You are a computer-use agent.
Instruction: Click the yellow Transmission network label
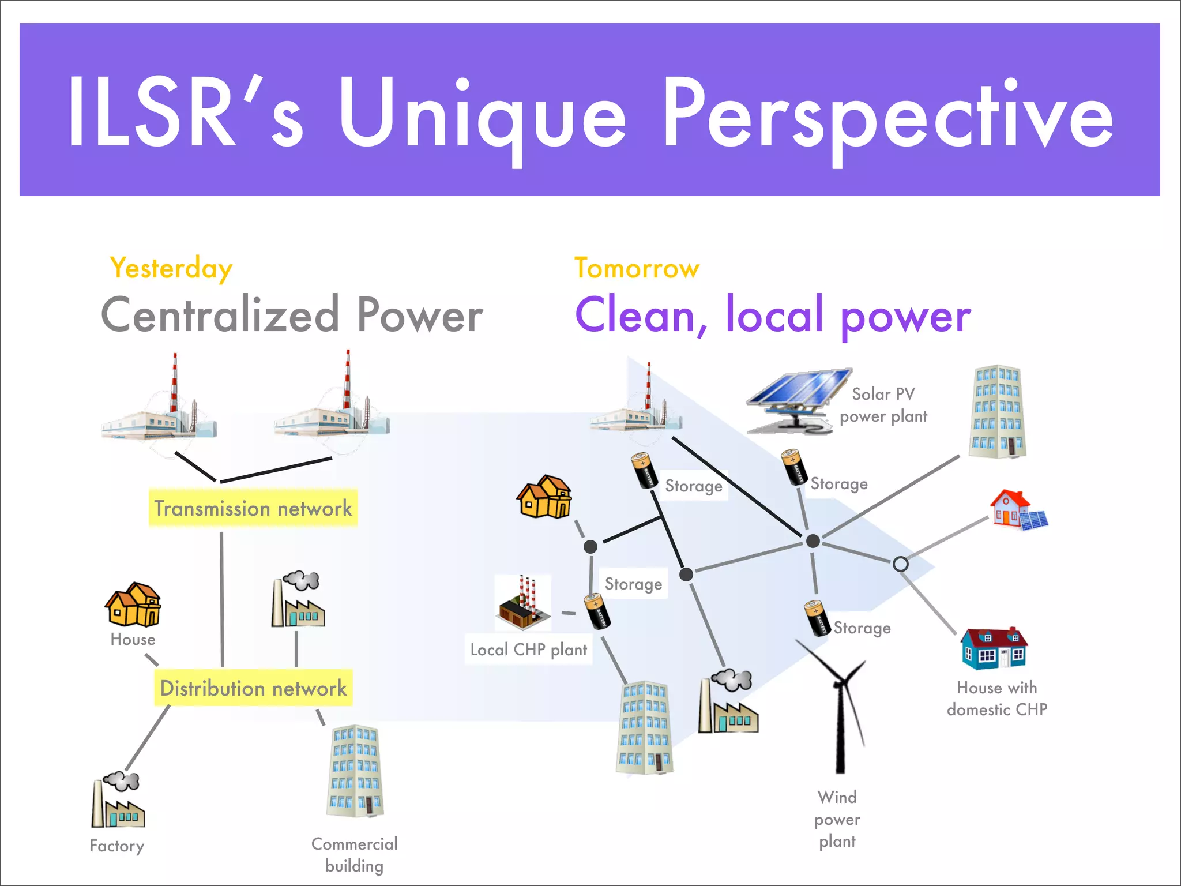pyautogui.click(x=253, y=508)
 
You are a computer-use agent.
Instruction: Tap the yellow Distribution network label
pyautogui.click(x=253, y=688)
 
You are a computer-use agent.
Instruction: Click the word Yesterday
pyautogui.click(x=171, y=269)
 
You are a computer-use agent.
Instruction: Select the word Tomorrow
pyautogui.click(x=637, y=269)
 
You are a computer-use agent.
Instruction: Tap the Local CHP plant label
pyautogui.click(x=528, y=650)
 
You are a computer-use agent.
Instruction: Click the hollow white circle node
pyautogui.click(x=900, y=564)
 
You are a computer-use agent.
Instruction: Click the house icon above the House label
pyautogui.click(x=133, y=605)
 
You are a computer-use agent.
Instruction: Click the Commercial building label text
pyautogui.click(x=354, y=855)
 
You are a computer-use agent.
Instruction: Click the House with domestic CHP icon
pyautogui.click(x=994, y=649)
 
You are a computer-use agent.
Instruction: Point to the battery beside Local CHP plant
pyautogui.click(x=597, y=612)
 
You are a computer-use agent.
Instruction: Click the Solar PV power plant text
pyautogui.click(x=883, y=405)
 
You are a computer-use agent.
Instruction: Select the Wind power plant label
pyautogui.click(x=837, y=819)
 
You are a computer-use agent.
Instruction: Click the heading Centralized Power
pyautogui.click(x=292, y=316)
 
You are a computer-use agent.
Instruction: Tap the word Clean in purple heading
pyautogui.click(x=637, y=316)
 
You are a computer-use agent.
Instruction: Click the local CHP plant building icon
pyautogui.click(x=522, y=603)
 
